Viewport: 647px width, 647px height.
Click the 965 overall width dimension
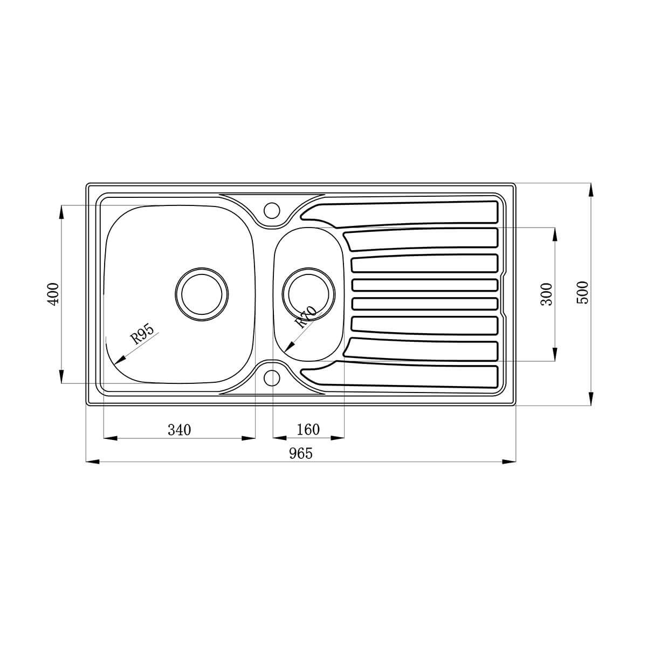300,453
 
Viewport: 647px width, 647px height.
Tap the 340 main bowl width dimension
180,430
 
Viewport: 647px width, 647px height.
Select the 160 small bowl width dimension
308,429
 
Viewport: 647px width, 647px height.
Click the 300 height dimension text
547,294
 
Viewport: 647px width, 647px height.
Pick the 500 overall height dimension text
583,293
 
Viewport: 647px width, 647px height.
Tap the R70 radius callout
305,317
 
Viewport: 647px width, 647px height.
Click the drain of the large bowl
202,294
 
